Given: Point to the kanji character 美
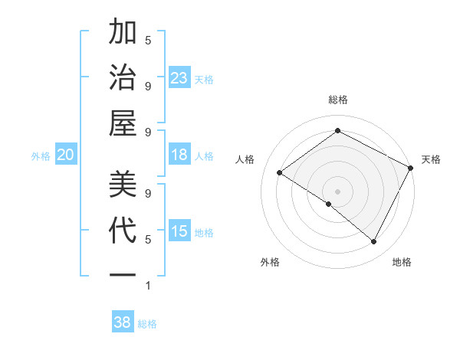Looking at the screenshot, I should [123, 185].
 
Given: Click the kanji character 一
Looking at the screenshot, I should [123, 273].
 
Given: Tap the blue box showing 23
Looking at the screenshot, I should [179, 77].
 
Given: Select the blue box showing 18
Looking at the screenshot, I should [179, 155].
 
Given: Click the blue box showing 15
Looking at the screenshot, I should [179, 231].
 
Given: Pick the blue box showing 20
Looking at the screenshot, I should [65, 155].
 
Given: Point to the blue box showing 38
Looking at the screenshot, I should [122, 322].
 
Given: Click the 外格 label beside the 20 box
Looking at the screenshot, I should [41, 155].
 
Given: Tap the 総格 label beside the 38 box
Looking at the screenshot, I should [147, 323].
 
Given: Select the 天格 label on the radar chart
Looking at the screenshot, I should [431, 159].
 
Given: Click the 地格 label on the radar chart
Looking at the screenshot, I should [402, 262].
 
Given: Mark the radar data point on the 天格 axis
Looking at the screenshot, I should [410, 168].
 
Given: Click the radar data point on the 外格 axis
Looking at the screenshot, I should [329, 204].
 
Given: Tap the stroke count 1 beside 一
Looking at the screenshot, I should [148, 286].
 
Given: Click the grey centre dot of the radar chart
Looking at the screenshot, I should [337, 191].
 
